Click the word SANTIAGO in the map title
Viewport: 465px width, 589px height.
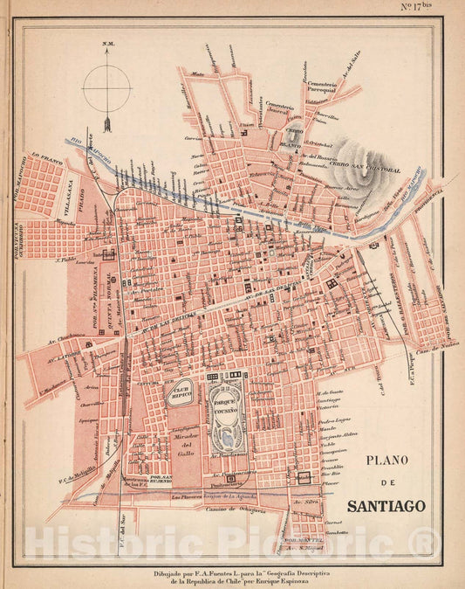pyautogui.click(x=386, y=505)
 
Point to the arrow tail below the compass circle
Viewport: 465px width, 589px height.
pyautogui.click(x=107, y=123)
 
